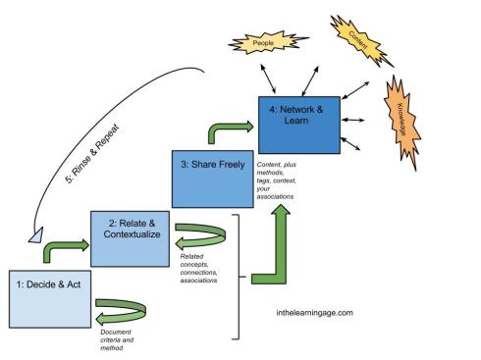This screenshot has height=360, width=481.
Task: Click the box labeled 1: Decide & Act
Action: coord(46,294)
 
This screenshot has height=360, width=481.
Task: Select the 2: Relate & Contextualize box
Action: coord(131,236)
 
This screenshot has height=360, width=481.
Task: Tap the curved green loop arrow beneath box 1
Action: coord(125,316)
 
